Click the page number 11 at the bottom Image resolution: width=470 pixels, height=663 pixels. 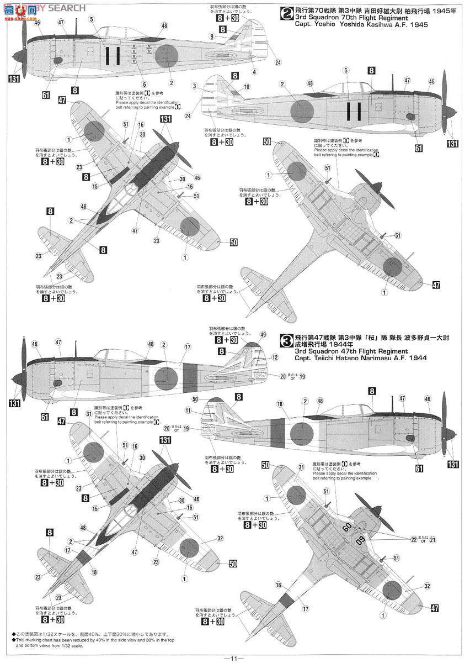tap(234, 657)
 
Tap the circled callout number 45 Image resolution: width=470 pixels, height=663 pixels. tap(37, 23)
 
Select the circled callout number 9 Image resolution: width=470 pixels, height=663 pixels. tap(212, 36)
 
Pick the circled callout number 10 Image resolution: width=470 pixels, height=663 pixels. tap(247, 86)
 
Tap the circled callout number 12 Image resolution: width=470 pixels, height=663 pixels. tap(275, 357)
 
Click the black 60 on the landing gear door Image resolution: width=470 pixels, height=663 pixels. tap(346, 527)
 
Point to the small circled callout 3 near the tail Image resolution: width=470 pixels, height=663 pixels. tap(195, 86)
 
